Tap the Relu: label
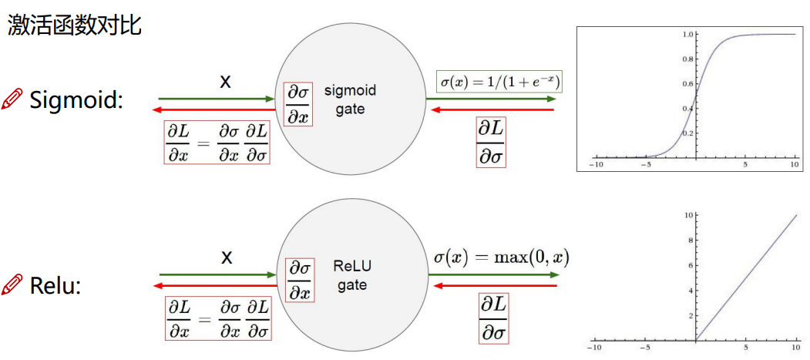[x=55, y=286]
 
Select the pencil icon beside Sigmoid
[x=12, y=99]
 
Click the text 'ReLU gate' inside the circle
[x=351, y=275]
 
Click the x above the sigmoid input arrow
[x=225, y=81]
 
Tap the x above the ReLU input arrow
[x=227, y=257]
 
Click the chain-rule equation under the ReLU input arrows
[x=219, y=319]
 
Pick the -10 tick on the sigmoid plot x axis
[x=595, y=164]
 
